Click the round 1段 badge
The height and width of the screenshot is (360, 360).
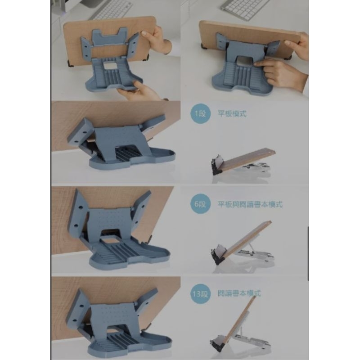pyautogui.click(x=200, y=114)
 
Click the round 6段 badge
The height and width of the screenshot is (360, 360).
pyautogui.click(x=200, y=204)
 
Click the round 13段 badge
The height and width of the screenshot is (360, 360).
pyautogui.click(x=200, y=294)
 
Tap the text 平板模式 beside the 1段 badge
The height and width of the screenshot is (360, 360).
pyautogui.click(x=232, y=114)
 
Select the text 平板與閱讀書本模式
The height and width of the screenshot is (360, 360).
pyautogui.click(x=250, y=204)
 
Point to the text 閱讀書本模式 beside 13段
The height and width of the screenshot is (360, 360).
pyautogui.click(x=239, y=293)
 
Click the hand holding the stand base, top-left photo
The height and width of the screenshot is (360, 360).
pyautogui.click(x=140, y=91)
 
